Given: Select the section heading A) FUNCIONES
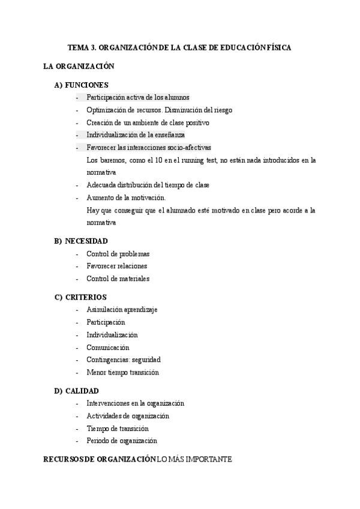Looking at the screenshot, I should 81,85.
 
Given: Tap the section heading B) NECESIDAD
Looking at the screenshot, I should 81,241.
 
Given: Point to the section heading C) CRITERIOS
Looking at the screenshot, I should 80,297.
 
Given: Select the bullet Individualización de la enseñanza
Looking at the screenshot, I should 135,135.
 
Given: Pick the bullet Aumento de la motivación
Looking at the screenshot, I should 126,197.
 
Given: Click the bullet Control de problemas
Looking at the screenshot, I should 118,254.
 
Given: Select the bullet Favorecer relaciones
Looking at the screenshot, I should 116,266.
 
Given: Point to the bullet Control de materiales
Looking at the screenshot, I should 118,279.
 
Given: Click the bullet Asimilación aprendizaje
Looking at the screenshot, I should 121,310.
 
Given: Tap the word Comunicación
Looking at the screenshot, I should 107,348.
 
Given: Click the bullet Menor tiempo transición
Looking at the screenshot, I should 122,372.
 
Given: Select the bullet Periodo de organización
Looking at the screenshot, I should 121,441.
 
